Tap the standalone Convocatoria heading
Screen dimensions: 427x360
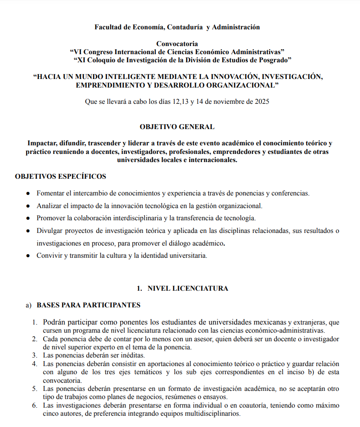(177, 44)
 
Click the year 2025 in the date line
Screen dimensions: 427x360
(262, 102)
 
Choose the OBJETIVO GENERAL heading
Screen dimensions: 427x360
(177, 127)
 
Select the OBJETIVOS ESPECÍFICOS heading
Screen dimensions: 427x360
(61, 176)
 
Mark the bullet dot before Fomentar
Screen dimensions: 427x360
(28, 193)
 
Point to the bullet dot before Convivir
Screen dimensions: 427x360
(28, 255)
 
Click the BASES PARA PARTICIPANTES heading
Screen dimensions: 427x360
(89, 305)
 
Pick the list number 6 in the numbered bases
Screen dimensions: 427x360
(35, 406)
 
